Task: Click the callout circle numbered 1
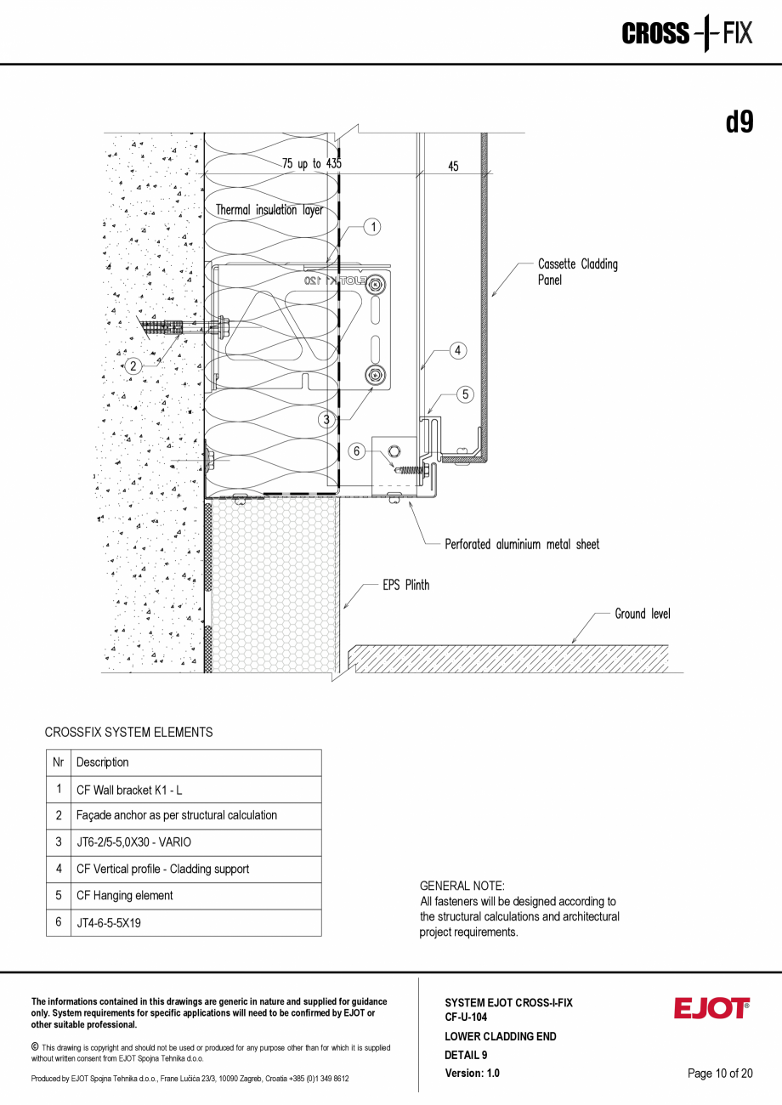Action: point(371,226)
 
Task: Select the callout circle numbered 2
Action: point(133,367)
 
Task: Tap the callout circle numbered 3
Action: point(326,419)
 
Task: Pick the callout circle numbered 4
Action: point(457,350)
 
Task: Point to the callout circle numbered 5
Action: point(465,394)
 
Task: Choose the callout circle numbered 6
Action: point(358,451)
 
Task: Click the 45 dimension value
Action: point(453,167)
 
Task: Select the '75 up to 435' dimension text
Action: point(312,163)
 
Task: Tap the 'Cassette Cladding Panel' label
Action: point(577,272)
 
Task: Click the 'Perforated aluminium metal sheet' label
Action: point(522,545)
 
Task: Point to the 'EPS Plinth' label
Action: point(405,585)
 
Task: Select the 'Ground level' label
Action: point(642,614)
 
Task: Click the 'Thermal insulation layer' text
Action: point(269,210)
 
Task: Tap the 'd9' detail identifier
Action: point(739,122)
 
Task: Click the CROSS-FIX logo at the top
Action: point(687,34)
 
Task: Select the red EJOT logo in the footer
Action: point(711,1008)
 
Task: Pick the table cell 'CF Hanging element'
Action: point(125,896)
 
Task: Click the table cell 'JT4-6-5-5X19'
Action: point(109,922)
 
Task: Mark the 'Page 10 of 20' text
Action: point(719,1074)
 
